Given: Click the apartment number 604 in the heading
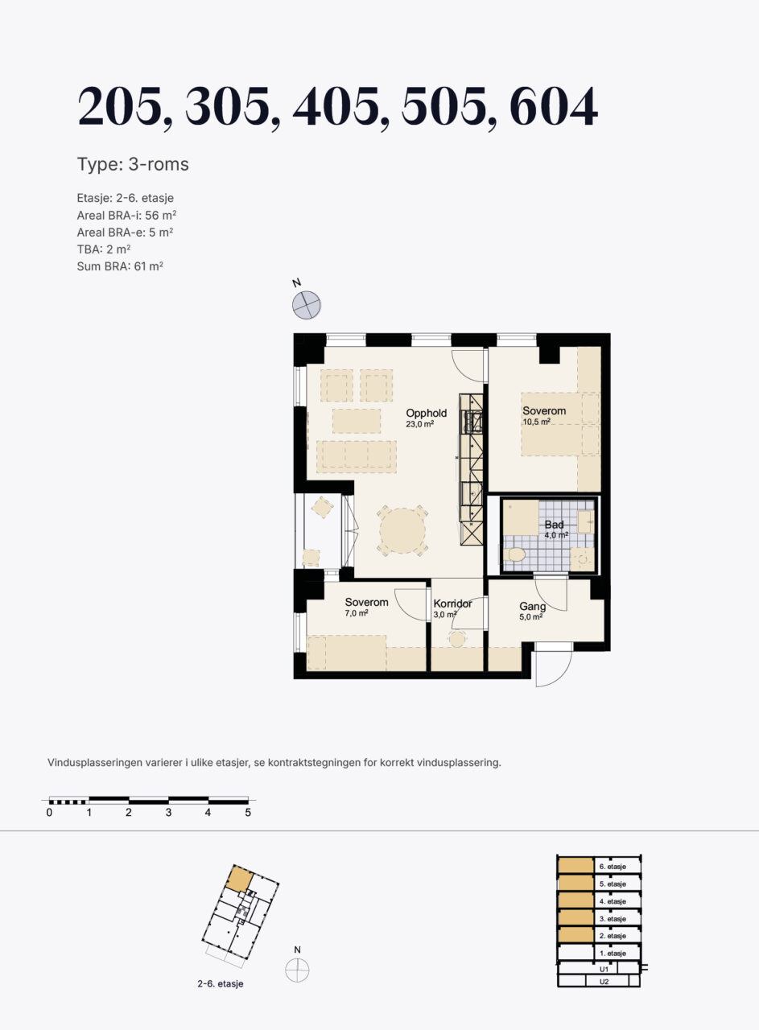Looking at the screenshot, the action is [554, 106].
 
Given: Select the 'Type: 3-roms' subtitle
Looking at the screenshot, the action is [133, 164].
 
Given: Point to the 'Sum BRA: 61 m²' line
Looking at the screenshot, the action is [120, 266].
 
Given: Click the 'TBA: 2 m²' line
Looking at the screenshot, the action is [104, 249].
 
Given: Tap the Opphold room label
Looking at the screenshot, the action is [426, 413].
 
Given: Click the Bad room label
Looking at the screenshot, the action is [554, 525].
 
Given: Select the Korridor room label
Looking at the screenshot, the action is [452, 604].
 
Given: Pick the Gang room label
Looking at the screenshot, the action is [533, 607].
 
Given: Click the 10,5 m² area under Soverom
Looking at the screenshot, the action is [536, 422].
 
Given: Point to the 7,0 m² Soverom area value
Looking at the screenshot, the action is [357, 613].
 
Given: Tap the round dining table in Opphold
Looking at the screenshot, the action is [402, 530].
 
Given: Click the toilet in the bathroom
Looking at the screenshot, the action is [514, 554].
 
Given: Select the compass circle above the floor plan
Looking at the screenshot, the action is [307, 305].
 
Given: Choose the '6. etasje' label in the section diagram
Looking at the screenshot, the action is [613, 867].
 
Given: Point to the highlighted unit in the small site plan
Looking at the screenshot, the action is [240, 879].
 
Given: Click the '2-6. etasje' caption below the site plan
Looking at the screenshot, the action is [221, 983].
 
